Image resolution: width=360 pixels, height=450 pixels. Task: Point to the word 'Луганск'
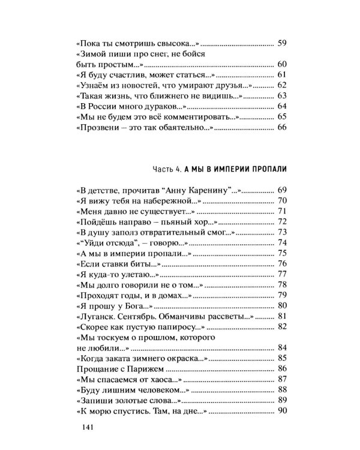[x=99, y=317]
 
